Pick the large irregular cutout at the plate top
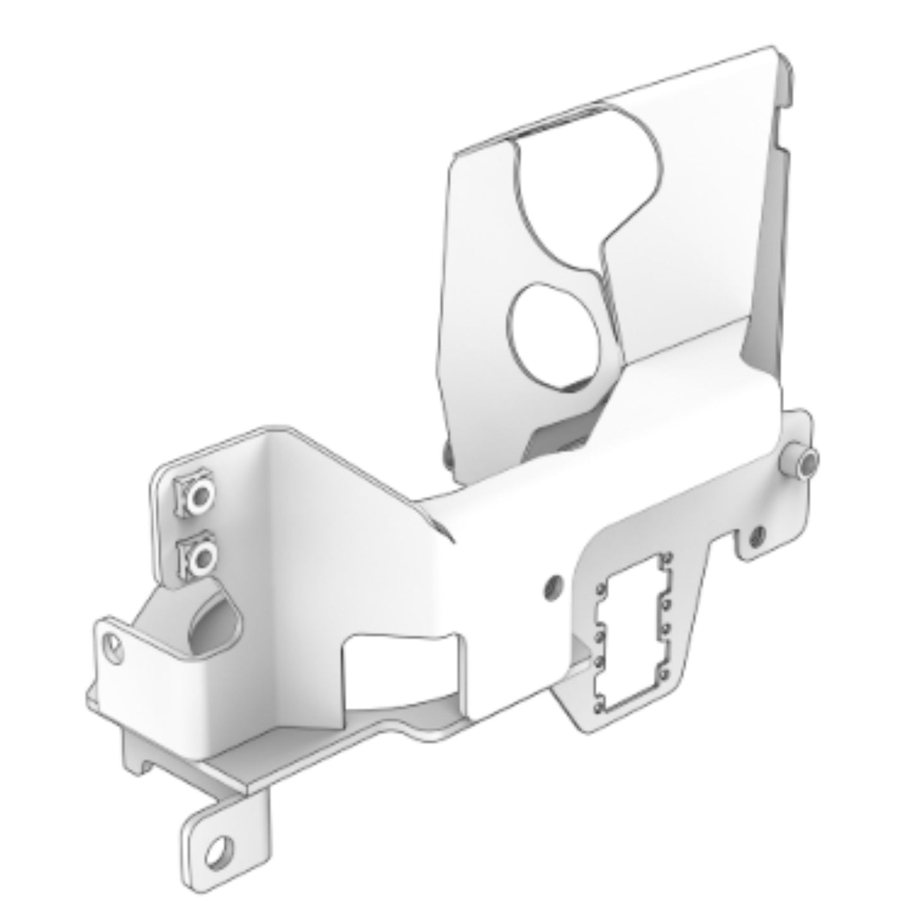[x=589, y=190]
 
